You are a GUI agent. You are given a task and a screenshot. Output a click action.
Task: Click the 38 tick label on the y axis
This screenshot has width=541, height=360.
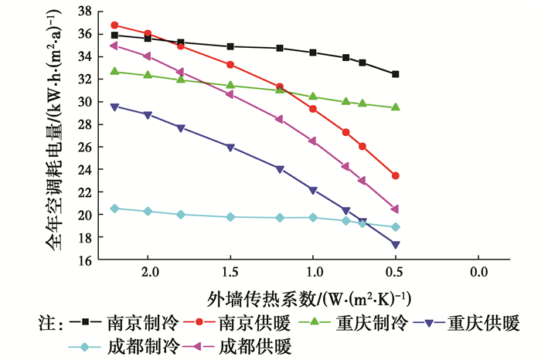[x=83, y=12]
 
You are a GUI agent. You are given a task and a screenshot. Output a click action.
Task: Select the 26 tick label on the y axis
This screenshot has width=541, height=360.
[x=83, y=147]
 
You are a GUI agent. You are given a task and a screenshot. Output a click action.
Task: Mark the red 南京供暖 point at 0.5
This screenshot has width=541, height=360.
[x=396, y=176]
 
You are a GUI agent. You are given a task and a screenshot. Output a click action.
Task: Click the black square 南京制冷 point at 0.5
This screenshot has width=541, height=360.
[x=396, y=74]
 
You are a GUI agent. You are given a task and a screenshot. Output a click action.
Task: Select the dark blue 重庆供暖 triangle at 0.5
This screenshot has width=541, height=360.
[x=396, y=245]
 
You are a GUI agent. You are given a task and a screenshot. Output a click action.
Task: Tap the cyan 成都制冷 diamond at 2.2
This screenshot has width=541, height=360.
[x=115, y=209]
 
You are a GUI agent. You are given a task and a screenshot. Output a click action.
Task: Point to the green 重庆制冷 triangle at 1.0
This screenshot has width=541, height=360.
[x=313, y=97]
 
